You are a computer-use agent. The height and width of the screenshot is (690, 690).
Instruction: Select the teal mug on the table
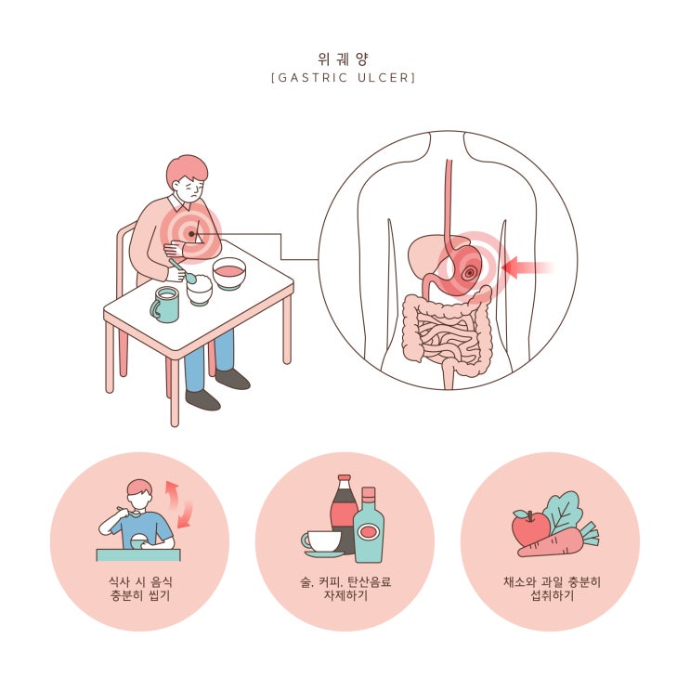pos(165,304)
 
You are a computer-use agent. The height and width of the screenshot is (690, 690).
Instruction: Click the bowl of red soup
pos(228,273)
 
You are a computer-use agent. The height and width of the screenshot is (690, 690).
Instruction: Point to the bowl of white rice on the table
pos(200,290)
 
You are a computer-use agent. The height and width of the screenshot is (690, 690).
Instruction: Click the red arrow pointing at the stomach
pos(527,267)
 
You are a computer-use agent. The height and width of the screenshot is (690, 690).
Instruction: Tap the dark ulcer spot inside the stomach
pos(469,273)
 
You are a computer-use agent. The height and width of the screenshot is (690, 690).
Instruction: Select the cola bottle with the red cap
pos(344,514)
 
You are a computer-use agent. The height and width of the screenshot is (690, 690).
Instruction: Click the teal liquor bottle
pos(369,525)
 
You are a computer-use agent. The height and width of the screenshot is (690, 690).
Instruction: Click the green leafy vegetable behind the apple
pos(564,513)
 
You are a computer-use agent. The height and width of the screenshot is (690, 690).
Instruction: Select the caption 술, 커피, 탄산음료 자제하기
pos(345,589)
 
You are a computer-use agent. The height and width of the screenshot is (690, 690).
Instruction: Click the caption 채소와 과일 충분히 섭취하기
pos(552,589)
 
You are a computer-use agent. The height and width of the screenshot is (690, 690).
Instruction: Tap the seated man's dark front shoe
pos(202,399)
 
